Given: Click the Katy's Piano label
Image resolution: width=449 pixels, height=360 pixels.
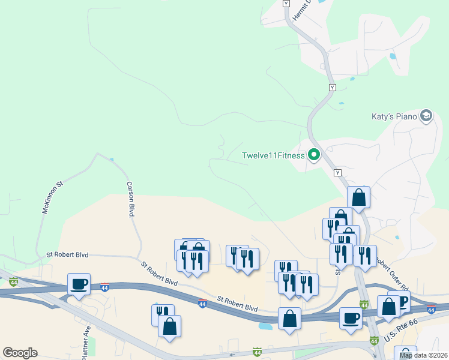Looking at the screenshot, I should pyautogui.click(x=394, y=116).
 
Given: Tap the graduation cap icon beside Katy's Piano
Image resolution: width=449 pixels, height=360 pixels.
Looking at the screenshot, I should pyautogui.click(x=426, y=115).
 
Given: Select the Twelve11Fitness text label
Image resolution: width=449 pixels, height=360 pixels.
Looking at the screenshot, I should pyautogui.click(x=273, y=156).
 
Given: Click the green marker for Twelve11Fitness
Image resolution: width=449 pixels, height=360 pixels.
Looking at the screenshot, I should pyautogui.click(x=313, y=155).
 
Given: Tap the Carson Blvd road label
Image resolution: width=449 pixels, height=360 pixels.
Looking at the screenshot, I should pyautogui.click(x=130, y=200).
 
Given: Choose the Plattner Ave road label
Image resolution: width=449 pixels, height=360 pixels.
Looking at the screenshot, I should pyautogui.click(x=86, y=340).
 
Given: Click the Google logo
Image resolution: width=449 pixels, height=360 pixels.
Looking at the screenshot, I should pyautogui.click(x=20, y=353).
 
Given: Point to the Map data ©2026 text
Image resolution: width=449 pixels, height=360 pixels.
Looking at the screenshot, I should pyautogui.click(x=423, y=355).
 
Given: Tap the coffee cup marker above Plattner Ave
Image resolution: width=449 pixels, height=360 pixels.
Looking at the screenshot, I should pyautogui.click(x=79, y=284).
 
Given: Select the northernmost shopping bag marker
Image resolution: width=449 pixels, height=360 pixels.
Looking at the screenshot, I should pyautogui.click(x=358, y=197).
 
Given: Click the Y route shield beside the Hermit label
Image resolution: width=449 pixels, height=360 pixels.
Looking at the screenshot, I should pyautogui.click(x=286, y=4).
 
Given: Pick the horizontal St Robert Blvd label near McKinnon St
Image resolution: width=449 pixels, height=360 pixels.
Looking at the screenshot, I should pyautogui.click(x=67, y=255).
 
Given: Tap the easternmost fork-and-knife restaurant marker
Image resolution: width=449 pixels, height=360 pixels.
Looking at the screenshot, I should pyautogui.click(x=365, y=255).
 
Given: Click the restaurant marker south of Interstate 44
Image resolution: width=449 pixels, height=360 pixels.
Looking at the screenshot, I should pyautogui.click(x=163, y=314).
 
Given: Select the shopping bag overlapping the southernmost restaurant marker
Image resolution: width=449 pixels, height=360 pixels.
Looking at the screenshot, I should pyautogui.click(x=170, y=326).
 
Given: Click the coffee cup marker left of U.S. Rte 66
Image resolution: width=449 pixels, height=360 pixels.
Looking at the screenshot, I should pyautogui.click(x=351, y=317).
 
